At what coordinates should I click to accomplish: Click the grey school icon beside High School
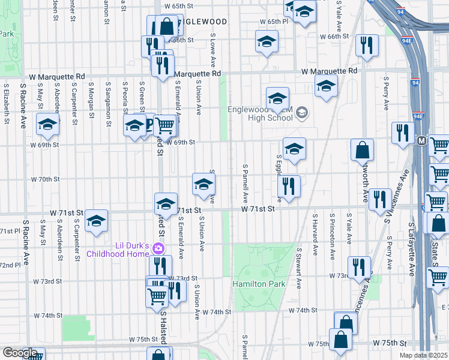point(301,113)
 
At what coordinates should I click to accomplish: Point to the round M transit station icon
point(421,141)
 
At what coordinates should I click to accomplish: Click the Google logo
point(20,353)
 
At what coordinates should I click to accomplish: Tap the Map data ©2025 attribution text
point(423,355)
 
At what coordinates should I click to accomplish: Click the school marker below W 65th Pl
point(267,42)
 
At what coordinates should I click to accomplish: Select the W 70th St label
point(46,179)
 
